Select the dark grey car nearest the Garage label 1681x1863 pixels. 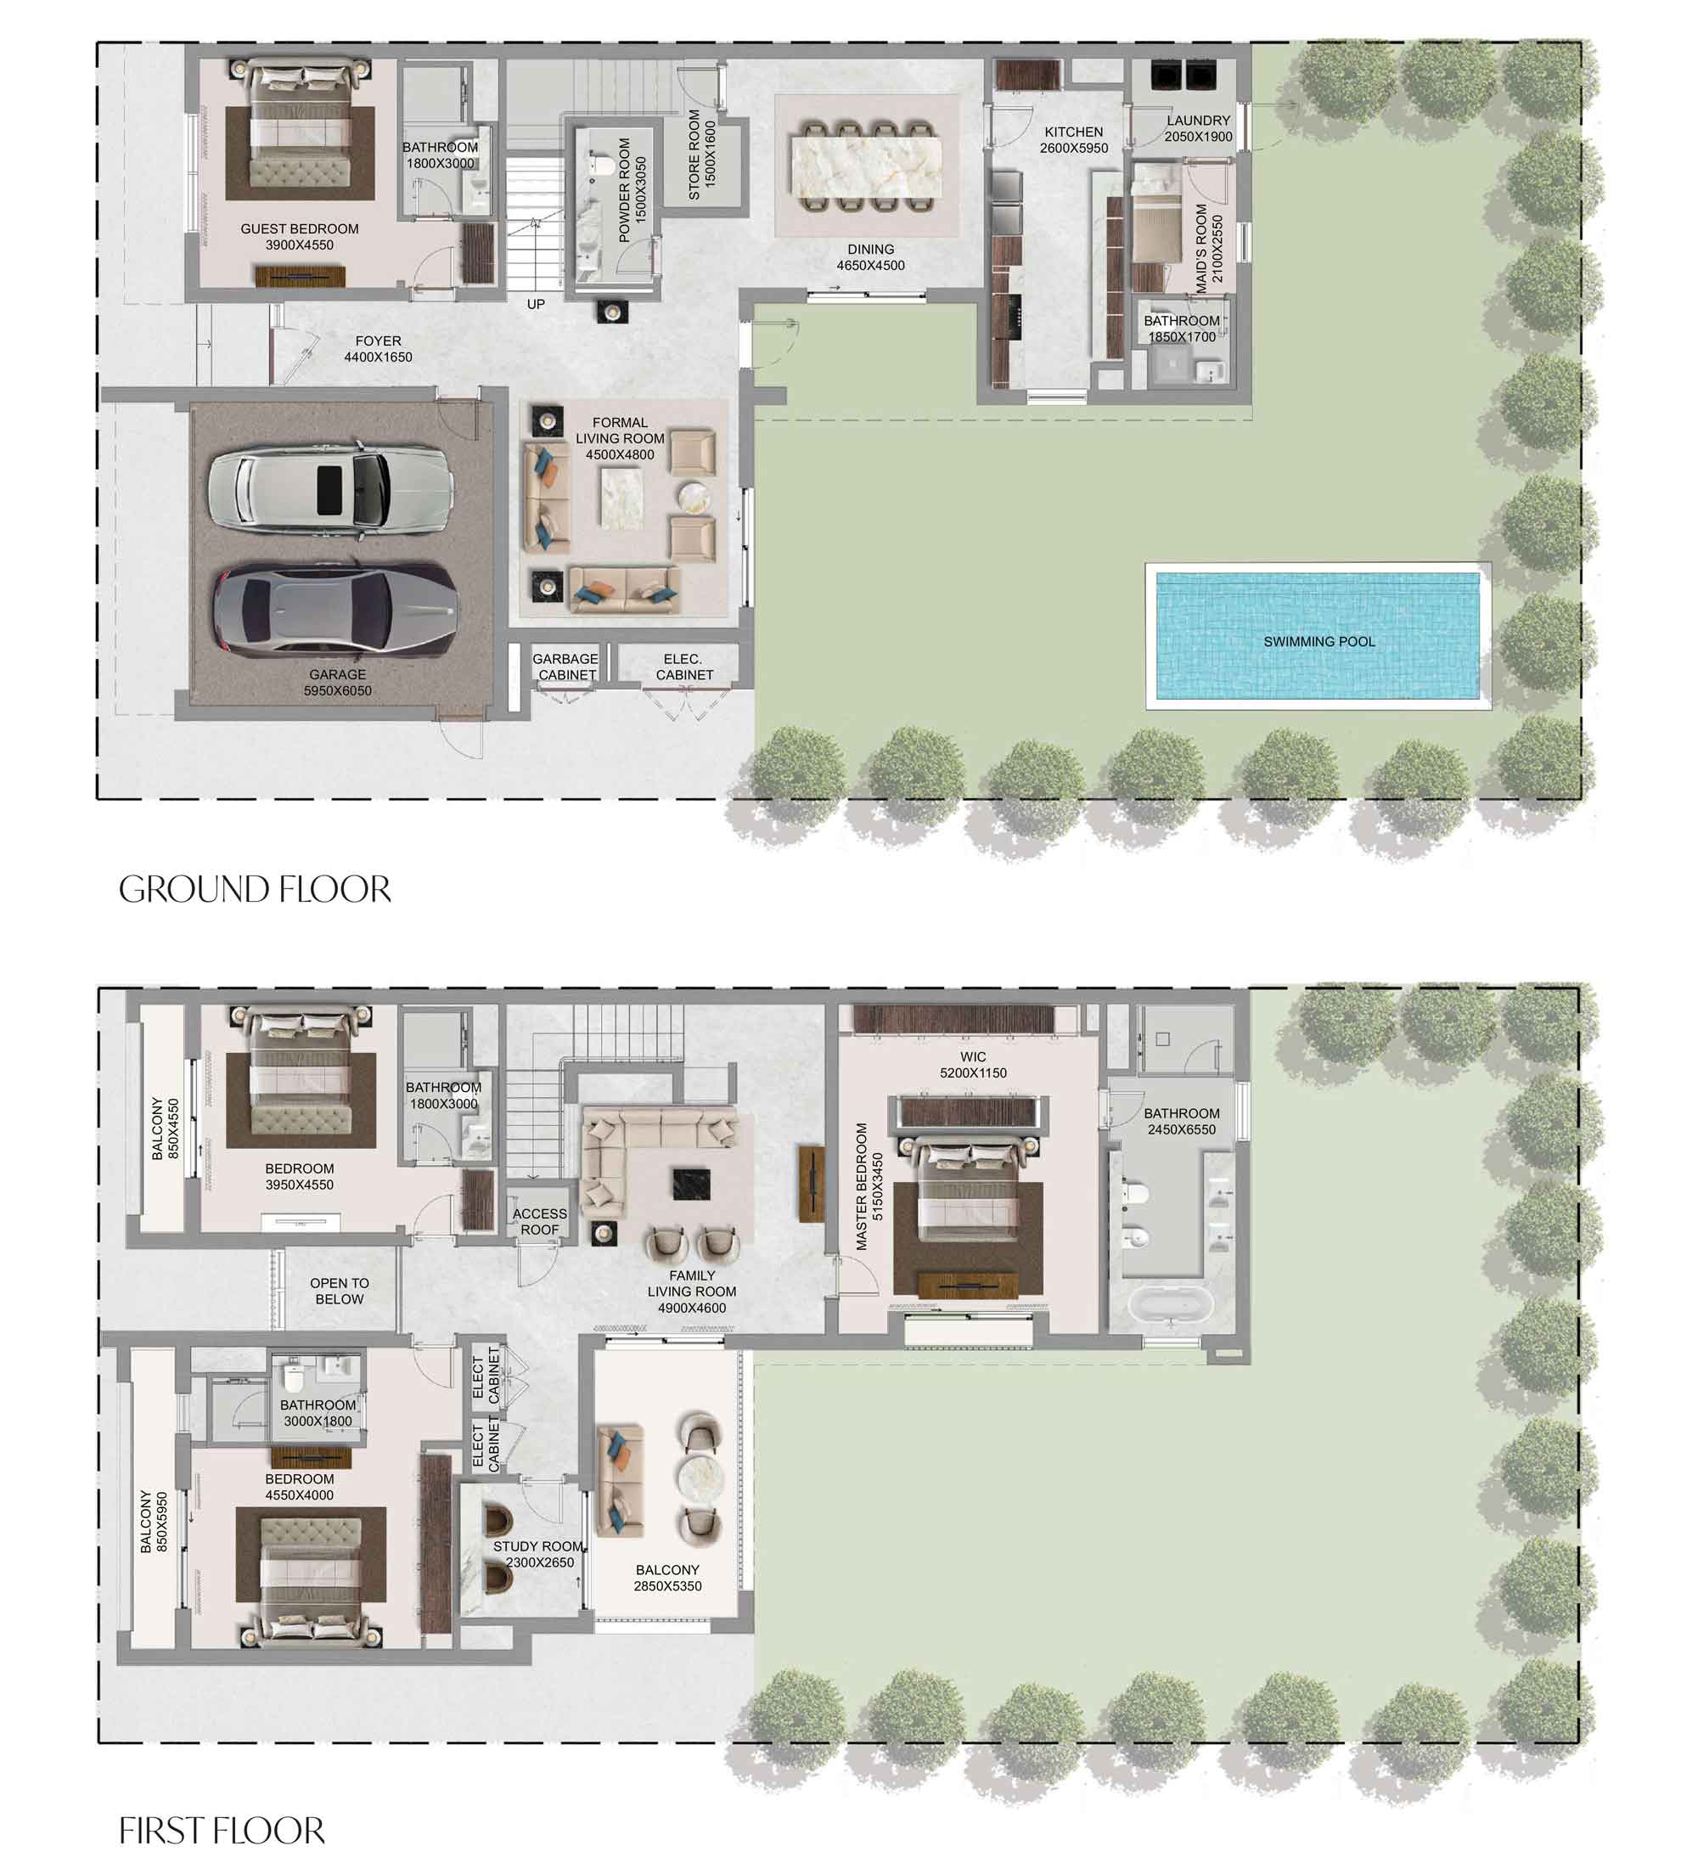pos(335,611)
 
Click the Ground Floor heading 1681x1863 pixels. pos(255,890)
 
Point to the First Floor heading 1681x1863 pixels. pos(222,1830)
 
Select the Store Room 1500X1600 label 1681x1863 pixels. pos(702,155)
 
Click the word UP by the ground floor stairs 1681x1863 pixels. pos(536,304)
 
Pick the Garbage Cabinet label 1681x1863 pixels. pos(565,667)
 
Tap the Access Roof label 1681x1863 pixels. pos(539,1221)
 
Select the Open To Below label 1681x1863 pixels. pos(339,1291)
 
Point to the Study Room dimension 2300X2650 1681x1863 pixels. pos(540,1562)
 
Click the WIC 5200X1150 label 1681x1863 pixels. pos(973,1064)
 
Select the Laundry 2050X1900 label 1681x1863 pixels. pos(1198,128)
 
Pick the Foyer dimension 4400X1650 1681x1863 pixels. pos(378,357)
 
